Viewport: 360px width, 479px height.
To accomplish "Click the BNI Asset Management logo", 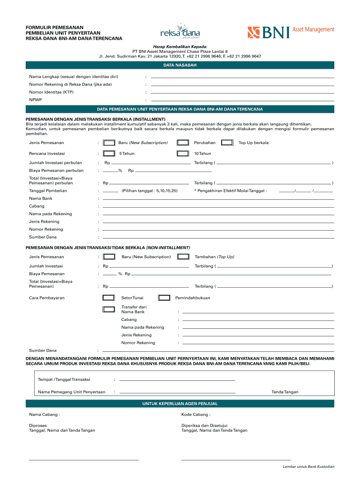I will point(290,32).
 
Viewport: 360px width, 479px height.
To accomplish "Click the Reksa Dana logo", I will point(180,33).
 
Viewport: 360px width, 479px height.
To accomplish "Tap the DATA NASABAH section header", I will point(180,65).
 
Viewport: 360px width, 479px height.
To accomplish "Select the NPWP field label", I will point(35,100).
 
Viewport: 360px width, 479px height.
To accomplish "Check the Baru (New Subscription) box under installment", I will point(109,143).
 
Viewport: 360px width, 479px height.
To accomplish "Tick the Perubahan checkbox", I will point(183,143).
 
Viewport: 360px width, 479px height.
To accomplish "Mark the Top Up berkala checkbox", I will point(227,143).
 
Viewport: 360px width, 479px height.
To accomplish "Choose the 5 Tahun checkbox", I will point(109,153).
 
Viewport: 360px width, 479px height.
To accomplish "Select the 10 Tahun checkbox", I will point(183,153).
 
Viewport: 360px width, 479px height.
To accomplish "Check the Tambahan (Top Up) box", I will point(183,257).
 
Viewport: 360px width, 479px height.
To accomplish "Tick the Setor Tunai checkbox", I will point(109,298).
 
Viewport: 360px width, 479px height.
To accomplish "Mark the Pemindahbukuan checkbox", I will point(164,298).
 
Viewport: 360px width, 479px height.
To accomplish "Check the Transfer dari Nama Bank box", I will point(109,309).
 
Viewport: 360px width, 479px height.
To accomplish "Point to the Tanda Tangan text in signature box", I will point(285,392).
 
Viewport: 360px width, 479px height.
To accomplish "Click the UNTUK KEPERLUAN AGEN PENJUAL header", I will point(180,404).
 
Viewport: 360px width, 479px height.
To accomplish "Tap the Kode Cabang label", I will point(195,414).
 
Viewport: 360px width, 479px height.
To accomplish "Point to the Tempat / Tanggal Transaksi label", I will point(64,379).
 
